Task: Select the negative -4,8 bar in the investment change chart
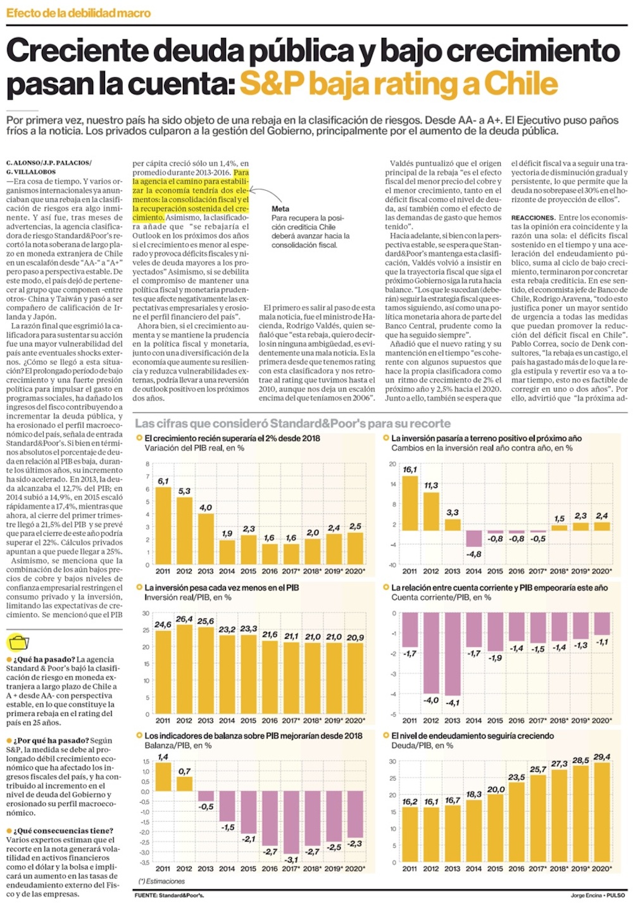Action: click(473, 538)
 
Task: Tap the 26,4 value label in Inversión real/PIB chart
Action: click(184, 619)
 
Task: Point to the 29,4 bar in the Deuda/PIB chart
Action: click(602, 812)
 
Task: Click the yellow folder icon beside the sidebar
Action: click(18, 642)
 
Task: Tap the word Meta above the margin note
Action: click(280, 208)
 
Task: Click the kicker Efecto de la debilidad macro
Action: click(78, 13)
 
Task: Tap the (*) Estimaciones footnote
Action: click(162, 881)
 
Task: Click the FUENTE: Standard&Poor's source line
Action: click(169, 895)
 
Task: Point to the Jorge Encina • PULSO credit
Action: click(598, 895)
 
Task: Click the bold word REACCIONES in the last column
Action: click(533, 217)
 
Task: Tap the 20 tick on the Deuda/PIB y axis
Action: click(392, 795)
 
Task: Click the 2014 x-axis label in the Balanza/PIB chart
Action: click(227, 868)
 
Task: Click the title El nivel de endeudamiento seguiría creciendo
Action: click(472, 736)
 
